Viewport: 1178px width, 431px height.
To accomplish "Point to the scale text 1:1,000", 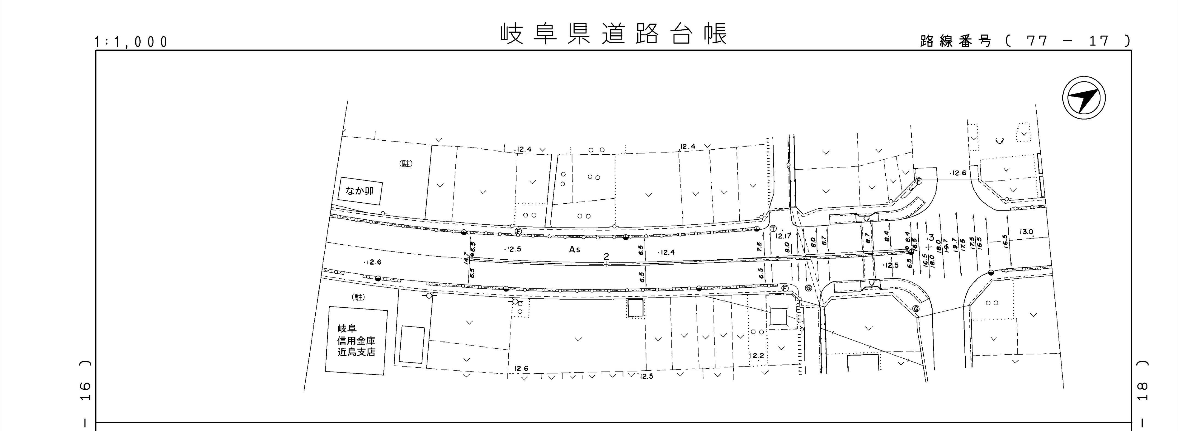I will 131,42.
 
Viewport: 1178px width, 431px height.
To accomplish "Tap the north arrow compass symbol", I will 1083,98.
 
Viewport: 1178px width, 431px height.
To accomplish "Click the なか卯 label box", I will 360,191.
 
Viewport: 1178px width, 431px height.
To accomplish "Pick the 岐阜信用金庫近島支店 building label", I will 356,341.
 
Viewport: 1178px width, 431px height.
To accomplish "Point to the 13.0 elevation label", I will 1026,232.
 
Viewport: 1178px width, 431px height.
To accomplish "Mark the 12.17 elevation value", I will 783,236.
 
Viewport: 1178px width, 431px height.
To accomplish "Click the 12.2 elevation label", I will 757,356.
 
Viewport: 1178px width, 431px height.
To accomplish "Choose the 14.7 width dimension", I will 466,258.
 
